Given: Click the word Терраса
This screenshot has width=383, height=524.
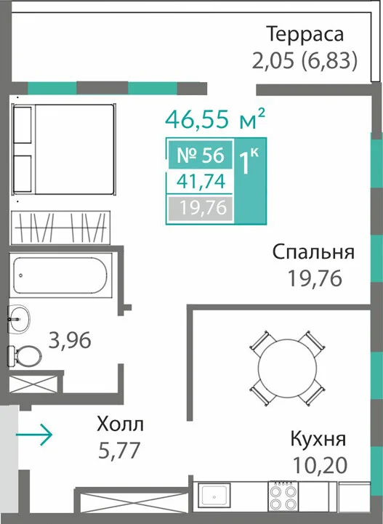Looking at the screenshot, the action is (305, 35).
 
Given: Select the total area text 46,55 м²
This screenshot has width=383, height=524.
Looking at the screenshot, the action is (215, 118).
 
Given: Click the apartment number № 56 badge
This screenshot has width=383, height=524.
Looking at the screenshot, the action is (200, 155).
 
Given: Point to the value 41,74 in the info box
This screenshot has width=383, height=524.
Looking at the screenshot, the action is (201, 182).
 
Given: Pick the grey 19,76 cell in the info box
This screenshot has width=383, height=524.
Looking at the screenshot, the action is (200, 208).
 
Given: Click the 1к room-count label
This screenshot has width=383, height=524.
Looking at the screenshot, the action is (249, 162).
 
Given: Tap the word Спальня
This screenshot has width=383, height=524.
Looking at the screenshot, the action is (313, 252).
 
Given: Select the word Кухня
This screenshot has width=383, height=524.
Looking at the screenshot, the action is (318, 439).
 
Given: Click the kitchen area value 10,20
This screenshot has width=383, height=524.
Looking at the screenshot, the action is (320, 465).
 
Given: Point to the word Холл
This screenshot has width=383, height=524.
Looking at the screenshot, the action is (121, 424).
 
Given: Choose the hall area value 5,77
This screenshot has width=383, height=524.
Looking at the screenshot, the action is (119, 450).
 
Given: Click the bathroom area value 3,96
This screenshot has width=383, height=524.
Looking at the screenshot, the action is (70, 341).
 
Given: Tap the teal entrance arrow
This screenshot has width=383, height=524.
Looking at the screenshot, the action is (34, 435).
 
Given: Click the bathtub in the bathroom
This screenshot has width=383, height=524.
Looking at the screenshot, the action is (60, 275).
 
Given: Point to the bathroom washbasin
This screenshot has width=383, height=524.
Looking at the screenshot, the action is (19, 319).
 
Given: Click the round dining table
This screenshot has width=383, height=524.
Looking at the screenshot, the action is (287, 368).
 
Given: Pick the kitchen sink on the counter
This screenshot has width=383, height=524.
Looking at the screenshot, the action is (214, 496).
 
